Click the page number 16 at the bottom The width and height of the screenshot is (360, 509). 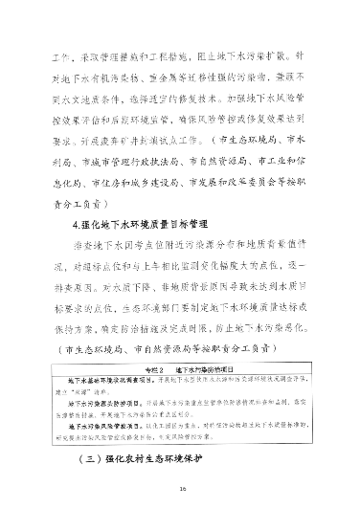(180, 488)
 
